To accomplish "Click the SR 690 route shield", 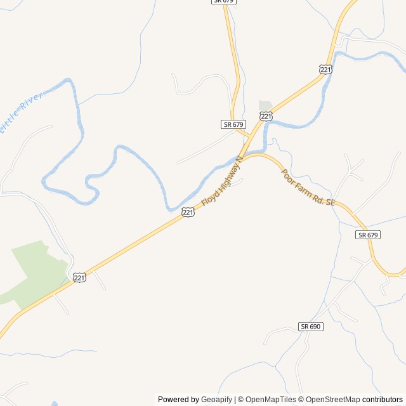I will point(311,326).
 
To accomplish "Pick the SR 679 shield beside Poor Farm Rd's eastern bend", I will point(367,235).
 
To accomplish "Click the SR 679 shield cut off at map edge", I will point(224,3).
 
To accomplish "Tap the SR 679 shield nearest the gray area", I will point(233,124).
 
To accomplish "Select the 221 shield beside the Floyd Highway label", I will point(187,213).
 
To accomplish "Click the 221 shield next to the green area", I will point(79,277).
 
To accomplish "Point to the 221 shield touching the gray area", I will point(266,115).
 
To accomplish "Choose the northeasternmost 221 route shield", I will point(325,69).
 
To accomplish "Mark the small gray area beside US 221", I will point(265,106).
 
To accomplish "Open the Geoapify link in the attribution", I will point(216,400).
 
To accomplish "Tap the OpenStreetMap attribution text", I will point(332,400).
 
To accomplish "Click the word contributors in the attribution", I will point(383,400).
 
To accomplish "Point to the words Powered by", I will point(178,400).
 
